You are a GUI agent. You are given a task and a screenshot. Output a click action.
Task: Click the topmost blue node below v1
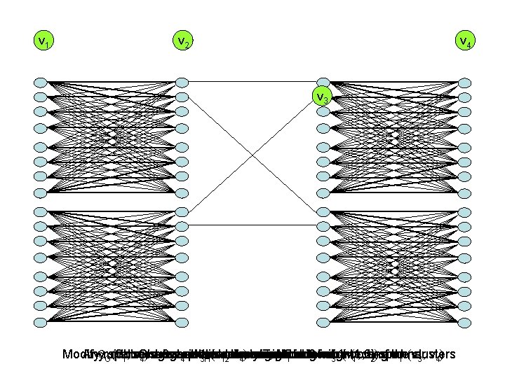41,82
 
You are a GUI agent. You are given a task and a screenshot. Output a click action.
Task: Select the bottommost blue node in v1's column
41,322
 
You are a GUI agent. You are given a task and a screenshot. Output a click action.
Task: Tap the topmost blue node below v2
182,82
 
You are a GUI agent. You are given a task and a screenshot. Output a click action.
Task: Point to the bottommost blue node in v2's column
182,322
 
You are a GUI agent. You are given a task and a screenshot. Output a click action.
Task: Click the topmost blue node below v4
464,82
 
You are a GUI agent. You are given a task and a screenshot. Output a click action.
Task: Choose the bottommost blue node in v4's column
464,322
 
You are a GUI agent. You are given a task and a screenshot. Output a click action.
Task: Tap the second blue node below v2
182,97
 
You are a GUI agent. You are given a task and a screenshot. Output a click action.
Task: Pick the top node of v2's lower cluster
182,211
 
